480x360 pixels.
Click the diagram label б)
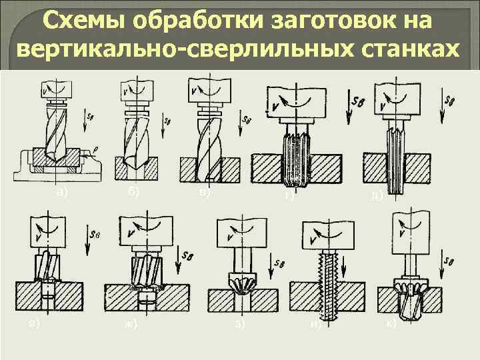click(133, 192)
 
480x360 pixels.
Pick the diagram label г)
click(289, 195)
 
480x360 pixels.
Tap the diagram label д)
click(377, 195)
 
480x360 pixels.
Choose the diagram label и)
click(316, 325)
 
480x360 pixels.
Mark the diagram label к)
click(391, 324)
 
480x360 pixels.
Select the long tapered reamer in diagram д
click(395, 157)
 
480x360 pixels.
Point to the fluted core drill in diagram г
click(291, 160)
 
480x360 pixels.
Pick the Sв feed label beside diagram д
click(450, 101)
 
